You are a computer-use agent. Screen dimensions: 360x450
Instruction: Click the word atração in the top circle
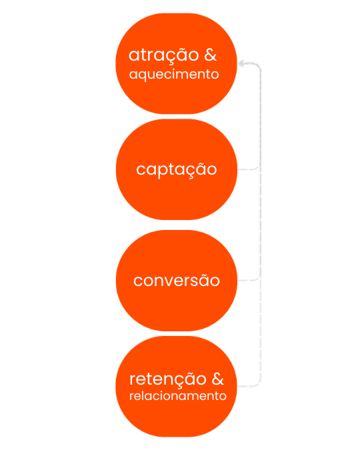pyautogui.click(x=163, y=55)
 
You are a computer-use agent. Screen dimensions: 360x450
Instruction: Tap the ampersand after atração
pyautogui.click(x=210, y=55)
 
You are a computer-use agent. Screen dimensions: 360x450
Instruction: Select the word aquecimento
pyautogui.click(x=174, y=75)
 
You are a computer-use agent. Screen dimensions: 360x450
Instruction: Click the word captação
pyautogui.click(x=176, y=169)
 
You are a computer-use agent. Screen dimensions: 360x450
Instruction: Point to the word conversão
pyautogui.click(x=176, y=280)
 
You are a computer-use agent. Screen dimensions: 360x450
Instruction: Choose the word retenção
pyautogui.click(x=167, y=379)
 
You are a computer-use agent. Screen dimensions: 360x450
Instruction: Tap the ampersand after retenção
pyautogui.click(x=217, y=379)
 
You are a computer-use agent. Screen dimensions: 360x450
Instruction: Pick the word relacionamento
pyautogui.click(x=178, y=396)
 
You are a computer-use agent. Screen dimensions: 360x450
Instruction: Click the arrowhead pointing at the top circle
pyautogui.click(x=242, y=63)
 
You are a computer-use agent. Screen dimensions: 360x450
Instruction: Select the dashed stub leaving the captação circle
pyautogui.click(x=248, y=169)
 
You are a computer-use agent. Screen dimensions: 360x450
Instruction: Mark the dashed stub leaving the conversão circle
pyautogui.click(x=248, y=279)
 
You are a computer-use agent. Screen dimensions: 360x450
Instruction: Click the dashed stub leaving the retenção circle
pyautogui.click(x=248, y=385)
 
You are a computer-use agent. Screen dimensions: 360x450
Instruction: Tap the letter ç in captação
pyautogui.click(x=188, y=171)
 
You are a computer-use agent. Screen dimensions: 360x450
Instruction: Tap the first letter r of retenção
pyautogui.click(x=133, y=381)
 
